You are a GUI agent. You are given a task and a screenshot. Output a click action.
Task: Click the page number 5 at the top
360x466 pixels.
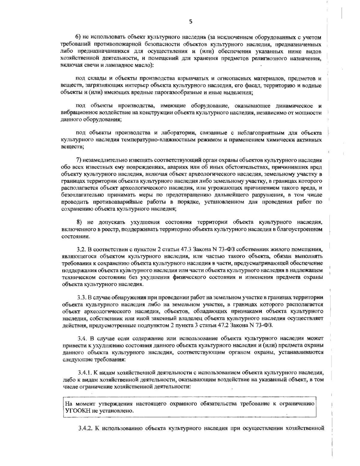[x=191, y=21]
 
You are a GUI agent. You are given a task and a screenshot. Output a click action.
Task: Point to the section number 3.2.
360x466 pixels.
[x=81, y=249]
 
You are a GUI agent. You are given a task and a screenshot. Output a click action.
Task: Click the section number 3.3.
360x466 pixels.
[x=81, y=297]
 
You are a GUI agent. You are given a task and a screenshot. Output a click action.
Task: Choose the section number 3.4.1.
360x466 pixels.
[x=84, y=373]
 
